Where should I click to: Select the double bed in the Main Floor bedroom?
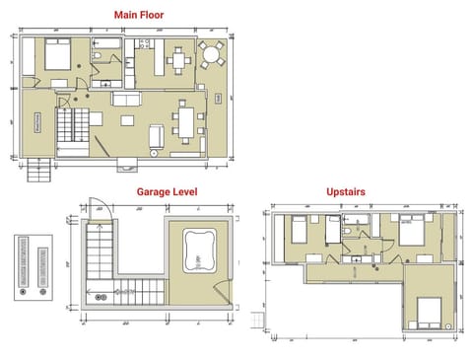click(x=55, y=55)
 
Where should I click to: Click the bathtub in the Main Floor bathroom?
click(x=104, y=45)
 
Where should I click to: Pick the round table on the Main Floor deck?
click(x=211, y=53)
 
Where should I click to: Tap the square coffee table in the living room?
click(x=128, y=120)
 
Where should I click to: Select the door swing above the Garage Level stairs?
click(x=97, y=208)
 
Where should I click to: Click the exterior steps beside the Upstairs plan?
click(x=259, y=322)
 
